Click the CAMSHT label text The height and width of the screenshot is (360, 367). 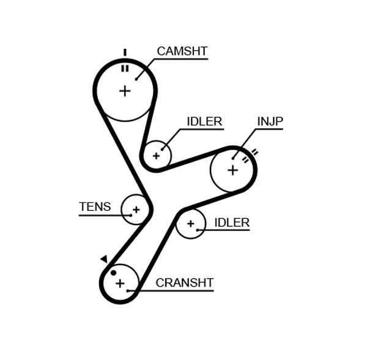(182, 51)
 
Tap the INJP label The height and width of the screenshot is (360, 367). (270, 122)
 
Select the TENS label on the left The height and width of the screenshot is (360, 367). (95, 207)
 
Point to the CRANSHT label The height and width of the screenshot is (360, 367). (184, 282)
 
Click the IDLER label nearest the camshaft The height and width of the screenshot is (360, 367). (204, 122)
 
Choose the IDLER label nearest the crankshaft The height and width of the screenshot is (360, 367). (232, 222)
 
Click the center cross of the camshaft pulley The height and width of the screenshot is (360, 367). (125, 90)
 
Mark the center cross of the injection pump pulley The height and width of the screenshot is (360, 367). (232, 169)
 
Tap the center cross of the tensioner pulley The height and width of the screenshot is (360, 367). (136, 210)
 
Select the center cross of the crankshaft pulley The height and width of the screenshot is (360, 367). (120, 283)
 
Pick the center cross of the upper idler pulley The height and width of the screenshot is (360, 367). (156, 156)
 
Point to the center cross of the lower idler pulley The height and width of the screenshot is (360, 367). (190, 224)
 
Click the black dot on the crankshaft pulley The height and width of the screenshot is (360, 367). (113, 273)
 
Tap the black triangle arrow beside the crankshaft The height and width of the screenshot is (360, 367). (104, 259)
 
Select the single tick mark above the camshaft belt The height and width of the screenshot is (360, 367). (125, 53)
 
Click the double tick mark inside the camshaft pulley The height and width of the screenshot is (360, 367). (125, 68)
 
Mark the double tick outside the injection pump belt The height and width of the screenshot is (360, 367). (254, 152)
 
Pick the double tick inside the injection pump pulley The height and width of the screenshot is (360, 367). (245, 160)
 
